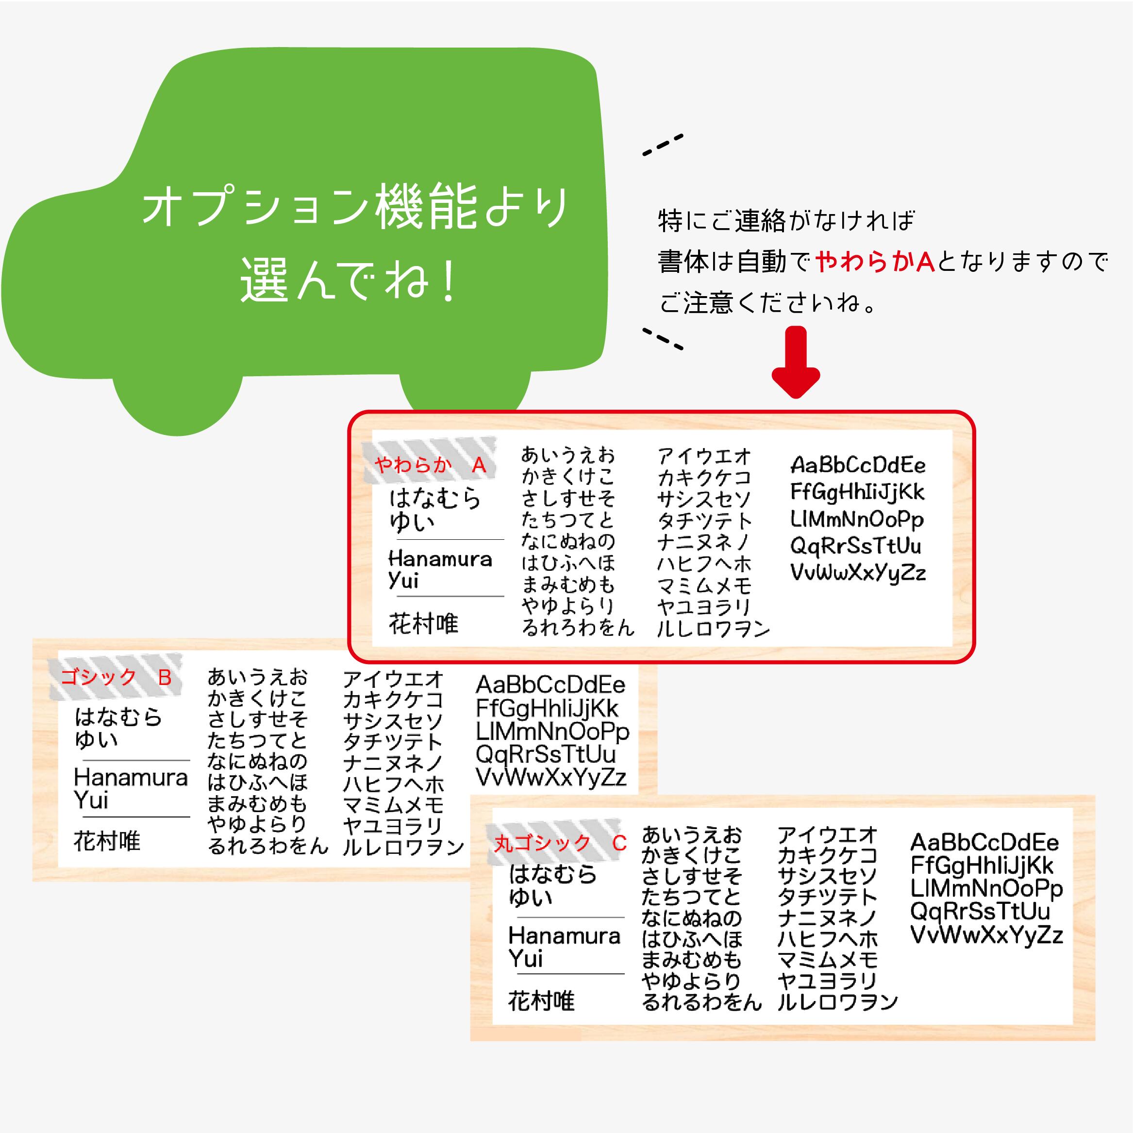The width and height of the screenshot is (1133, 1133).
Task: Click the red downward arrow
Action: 795,364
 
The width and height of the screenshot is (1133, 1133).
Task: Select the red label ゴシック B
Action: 116,677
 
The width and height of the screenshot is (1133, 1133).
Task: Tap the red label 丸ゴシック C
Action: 560,843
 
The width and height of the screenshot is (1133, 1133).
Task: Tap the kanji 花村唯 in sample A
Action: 423,623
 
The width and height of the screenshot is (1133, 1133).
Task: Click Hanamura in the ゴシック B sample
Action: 131,778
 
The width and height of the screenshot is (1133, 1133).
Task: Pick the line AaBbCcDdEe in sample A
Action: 858,465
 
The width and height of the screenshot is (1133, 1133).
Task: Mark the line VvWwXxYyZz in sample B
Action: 551,778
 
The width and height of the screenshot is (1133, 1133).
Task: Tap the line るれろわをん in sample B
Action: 267,846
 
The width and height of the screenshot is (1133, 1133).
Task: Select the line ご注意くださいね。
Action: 768,303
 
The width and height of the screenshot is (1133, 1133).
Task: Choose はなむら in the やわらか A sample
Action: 435,498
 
